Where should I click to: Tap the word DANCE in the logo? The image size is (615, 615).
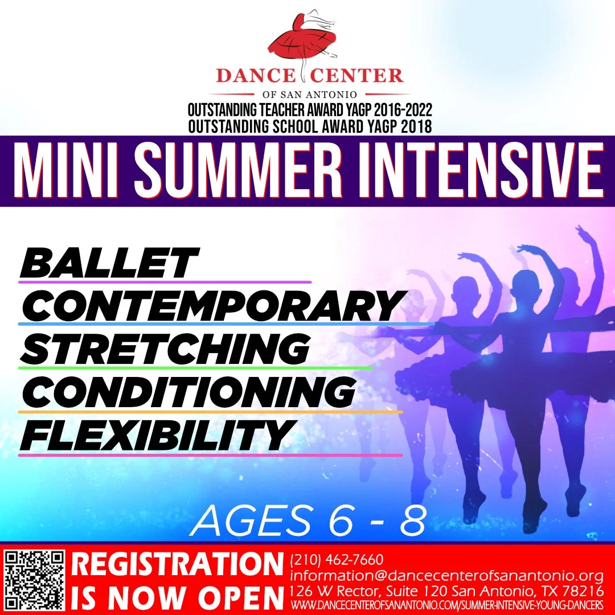pos(252,76)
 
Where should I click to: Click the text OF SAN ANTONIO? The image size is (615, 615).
pos(309,94)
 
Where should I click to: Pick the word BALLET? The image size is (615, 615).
pos(108,263)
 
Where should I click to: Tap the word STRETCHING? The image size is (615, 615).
pos(165,348)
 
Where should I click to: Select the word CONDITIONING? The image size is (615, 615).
pos(188,391)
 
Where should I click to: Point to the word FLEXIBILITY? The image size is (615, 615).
pos(157,435)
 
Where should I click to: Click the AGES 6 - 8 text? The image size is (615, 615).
pos(308,520)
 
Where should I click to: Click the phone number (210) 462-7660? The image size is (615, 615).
pos(337,560)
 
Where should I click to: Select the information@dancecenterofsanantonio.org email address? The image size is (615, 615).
pos(446,574)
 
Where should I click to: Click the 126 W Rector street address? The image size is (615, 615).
pos(446,589)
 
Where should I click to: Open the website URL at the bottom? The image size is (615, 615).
pos(446,604)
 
